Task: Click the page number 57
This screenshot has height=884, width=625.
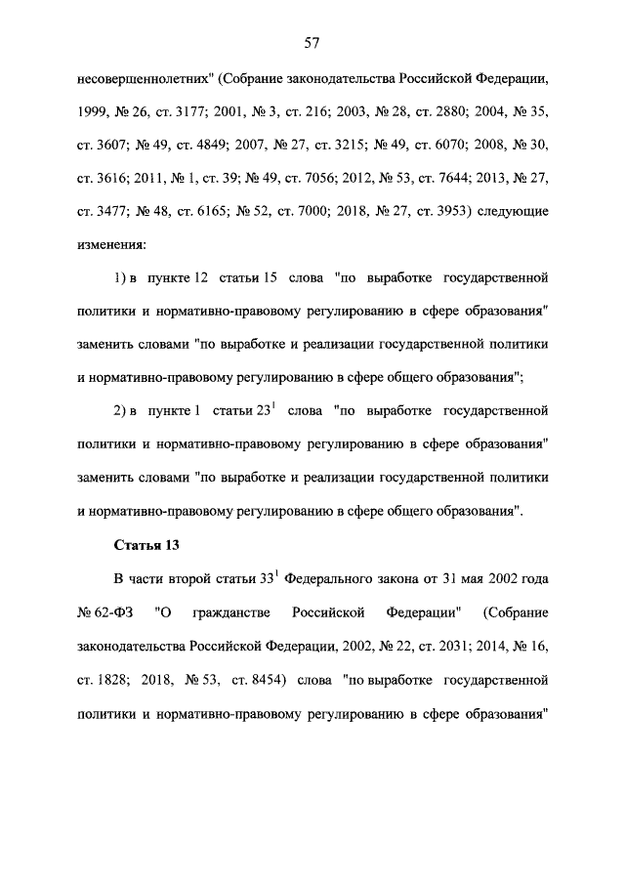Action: tap(312, 43)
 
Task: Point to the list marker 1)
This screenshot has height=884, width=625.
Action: tap(121, 277)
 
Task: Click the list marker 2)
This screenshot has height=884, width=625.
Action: tap(121, 413)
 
